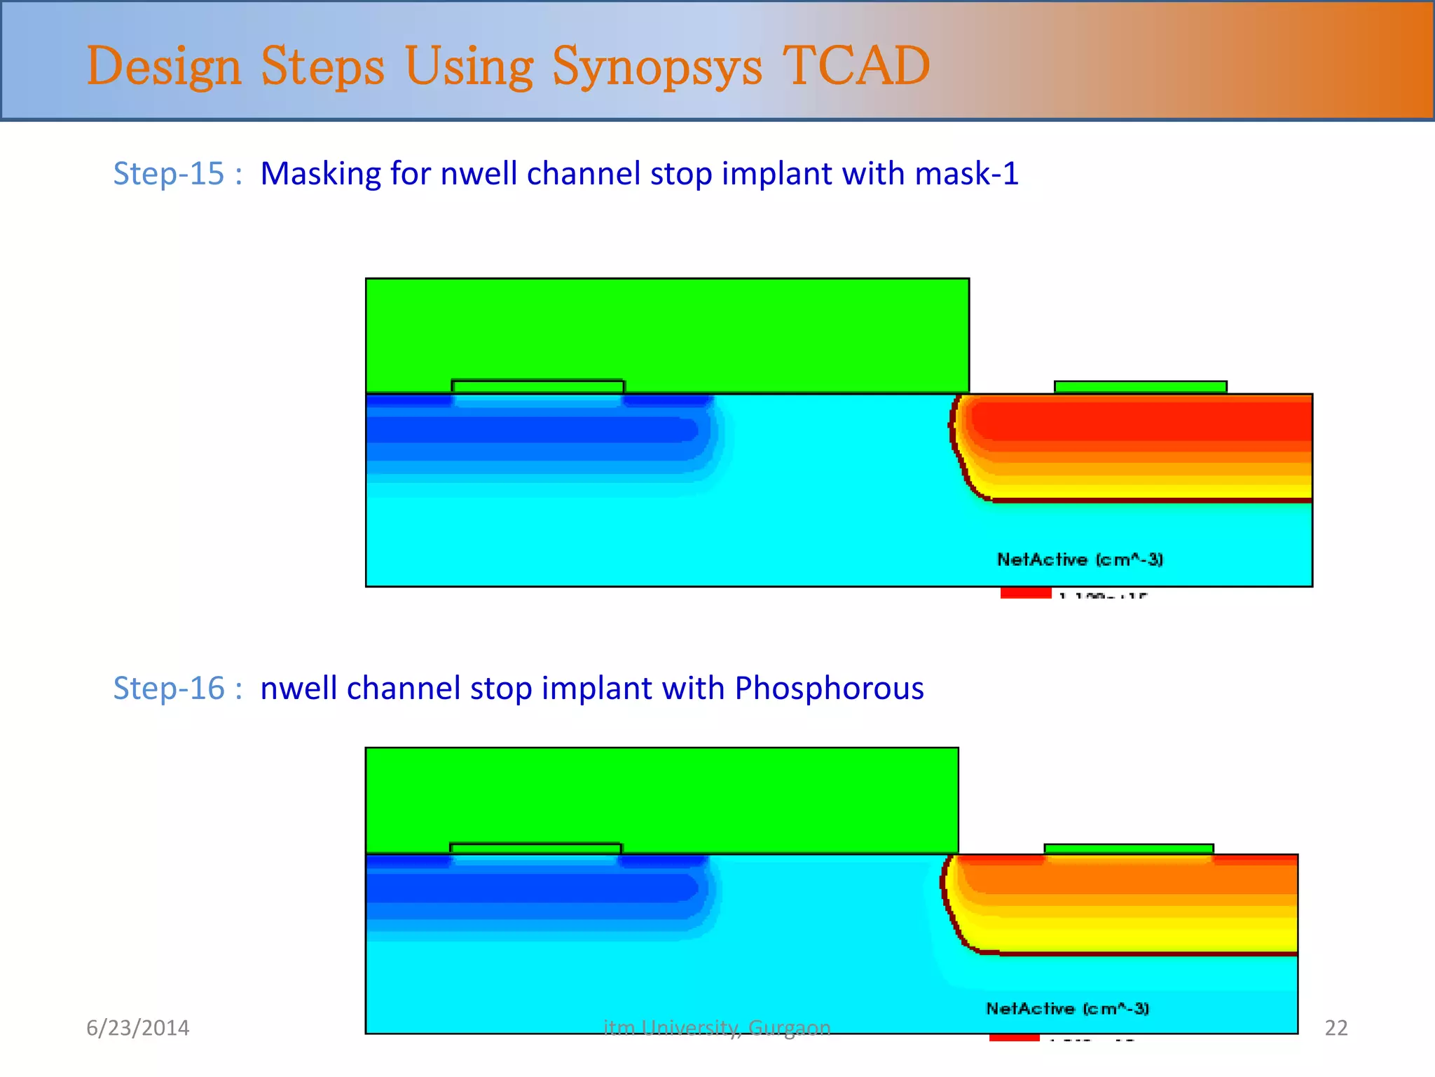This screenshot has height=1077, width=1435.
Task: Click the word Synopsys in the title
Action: click(657, 67)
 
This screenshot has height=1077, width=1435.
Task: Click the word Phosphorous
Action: click(829, 688)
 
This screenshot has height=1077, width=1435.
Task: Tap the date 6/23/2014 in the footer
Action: click(137, 1028)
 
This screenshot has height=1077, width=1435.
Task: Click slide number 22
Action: click(1336, 1028)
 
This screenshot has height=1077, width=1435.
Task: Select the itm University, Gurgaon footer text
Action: click(717, 1028)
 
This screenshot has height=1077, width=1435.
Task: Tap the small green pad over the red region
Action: click(1140, 387)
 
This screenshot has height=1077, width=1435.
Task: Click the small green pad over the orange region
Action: click(1128, 849)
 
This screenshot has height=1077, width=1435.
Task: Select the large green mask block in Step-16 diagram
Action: click(661, 796)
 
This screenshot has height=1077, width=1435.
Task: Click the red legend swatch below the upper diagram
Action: click(1026, 593)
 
